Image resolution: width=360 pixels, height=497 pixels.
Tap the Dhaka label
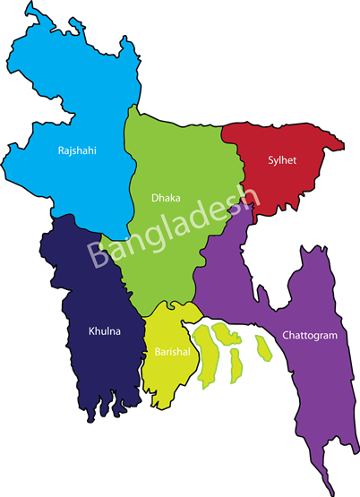(167, 196)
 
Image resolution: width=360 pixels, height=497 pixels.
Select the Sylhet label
(281, 161)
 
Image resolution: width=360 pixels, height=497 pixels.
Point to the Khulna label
(104, 331)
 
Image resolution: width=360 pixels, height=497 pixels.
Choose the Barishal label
(171, 352)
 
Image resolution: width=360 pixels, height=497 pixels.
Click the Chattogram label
(309, 336)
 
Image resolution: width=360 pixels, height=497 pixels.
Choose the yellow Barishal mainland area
(166, 376)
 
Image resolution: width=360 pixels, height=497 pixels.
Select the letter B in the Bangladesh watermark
(98, 254)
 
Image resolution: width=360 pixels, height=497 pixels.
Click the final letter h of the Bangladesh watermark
(248, 201)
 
